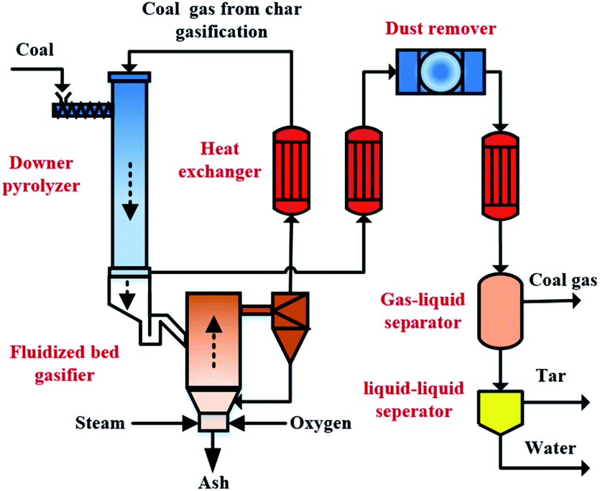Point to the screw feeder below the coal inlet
pos(81,109)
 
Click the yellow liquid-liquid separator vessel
pos(500,407)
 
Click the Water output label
pos(550,449)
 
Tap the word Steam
pos(100,423)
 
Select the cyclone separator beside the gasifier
pos(290,323)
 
